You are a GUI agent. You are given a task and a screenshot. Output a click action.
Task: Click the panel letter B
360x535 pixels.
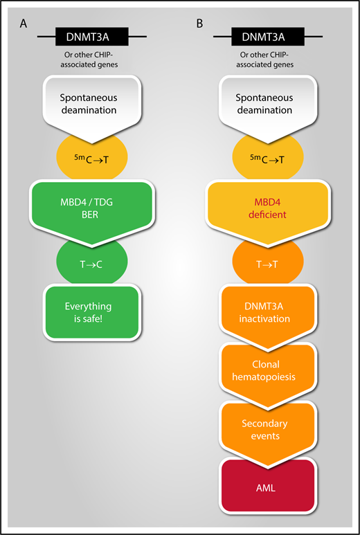(x=200, y=24)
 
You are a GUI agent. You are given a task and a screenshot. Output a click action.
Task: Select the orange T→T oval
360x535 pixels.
(x=267, y=262)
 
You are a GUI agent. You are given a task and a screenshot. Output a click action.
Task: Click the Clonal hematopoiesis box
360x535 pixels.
(x=267, y=368)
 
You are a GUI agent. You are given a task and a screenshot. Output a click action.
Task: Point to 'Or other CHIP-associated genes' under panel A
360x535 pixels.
(x=91, y=61)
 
